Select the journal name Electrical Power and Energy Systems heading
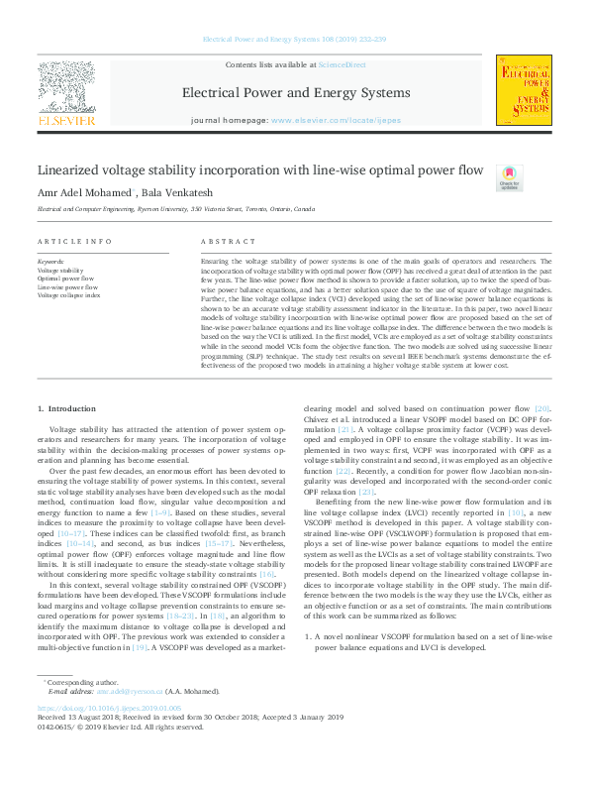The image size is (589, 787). tap(295, 93)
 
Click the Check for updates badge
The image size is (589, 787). tap(508, 176)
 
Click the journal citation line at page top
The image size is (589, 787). tap(294, 42)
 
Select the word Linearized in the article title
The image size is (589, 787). tap(75, 169)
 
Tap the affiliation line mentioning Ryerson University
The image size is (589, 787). tap(176, 210)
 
